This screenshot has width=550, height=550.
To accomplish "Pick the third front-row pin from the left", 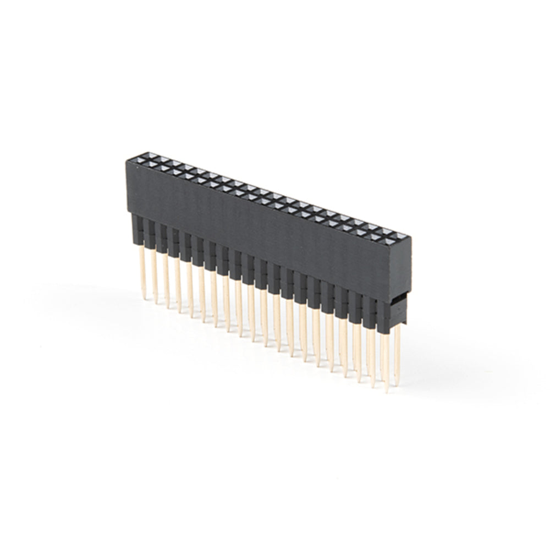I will pyautogui.click(x=166, y=280).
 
